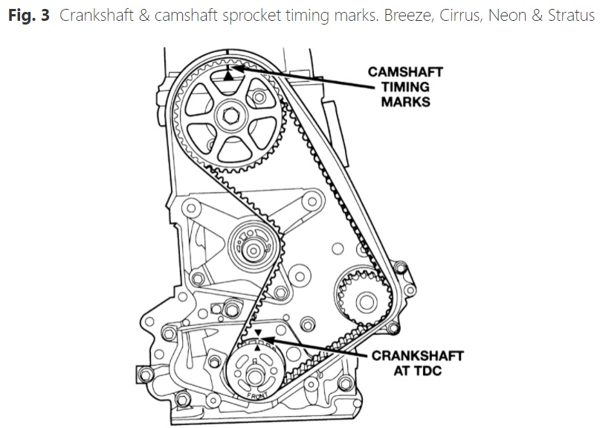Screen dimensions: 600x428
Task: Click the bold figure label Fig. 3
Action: [x=29, y=16]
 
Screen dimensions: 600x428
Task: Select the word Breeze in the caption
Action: [x=407, y=16]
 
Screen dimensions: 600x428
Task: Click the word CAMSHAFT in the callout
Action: [x=406, y=72]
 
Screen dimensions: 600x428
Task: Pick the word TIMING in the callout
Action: [x=406, y=87]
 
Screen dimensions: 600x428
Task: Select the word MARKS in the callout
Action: [x=406, y=102]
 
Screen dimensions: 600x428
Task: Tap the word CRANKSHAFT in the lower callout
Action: [x=418, y=356]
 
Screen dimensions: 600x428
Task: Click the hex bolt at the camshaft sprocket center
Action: [x=231, y=115]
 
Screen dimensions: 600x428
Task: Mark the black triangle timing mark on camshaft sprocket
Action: [x=228, y=76]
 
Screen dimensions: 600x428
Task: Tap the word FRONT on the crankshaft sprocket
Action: [x=257, y=395]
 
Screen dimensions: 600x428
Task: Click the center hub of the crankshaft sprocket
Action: [x=255, y=377]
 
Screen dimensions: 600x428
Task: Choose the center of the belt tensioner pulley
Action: [x=253, y=251]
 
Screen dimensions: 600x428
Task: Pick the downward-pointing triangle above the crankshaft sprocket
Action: [x=258, y=332]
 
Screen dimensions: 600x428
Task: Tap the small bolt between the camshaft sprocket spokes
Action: [x=259, y=97]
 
